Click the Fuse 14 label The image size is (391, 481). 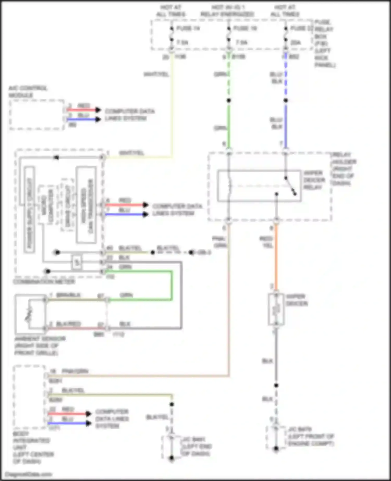click(x=188, y=28)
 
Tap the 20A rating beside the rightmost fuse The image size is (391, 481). click(x=296, y=42)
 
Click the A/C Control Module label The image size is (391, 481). click(x=28, y=91)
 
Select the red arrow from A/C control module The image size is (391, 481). click(x=83, y=110)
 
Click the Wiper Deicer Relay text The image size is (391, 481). click(x=314, y=180)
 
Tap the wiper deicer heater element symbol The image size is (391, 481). click(x=276, y=309)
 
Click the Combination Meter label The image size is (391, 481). click(x=44, y=282)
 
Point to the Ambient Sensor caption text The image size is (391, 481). click(x=40, y=346)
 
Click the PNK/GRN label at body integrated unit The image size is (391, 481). click(x=75, y=371)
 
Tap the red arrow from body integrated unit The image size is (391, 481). click(x=69, y=414)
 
